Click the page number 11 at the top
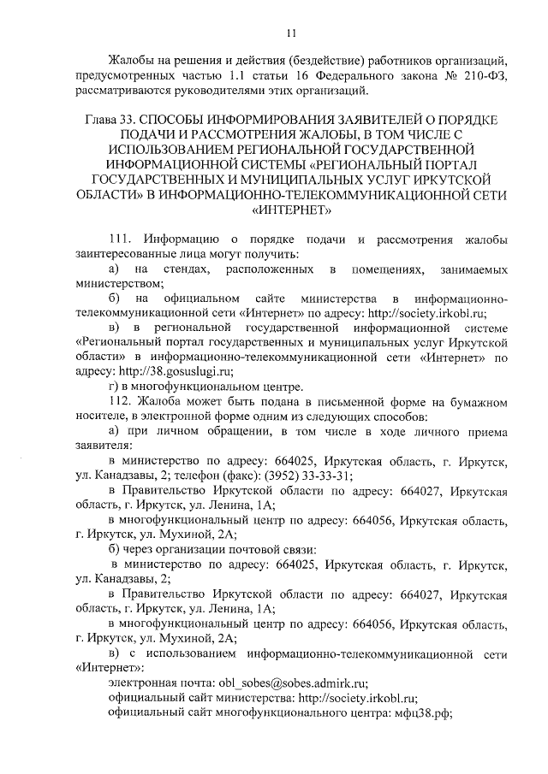point(291,33)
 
